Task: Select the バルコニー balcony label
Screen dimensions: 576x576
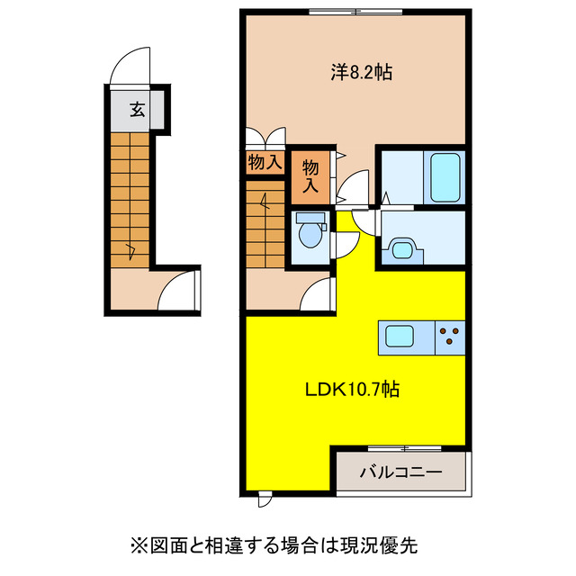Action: pyautogui.click(x=402, y=471)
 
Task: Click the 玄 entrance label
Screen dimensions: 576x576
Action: pyautogui.click(x=137, y=110)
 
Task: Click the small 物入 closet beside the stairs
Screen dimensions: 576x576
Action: pyautogui.click(x=265, y=163)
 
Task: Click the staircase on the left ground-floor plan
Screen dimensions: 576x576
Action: pyautogui.click(x=130, y=198)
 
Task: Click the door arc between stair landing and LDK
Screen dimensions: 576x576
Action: pyautogui.click(x=317, y=294)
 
